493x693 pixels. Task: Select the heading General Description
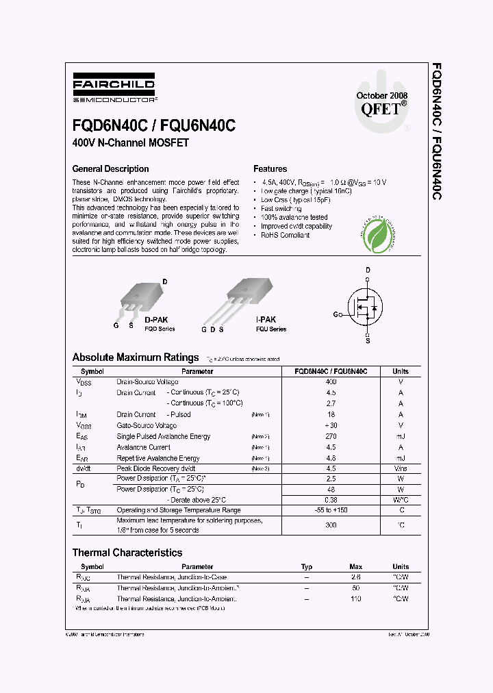(110, 168)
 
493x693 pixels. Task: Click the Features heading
(270, 168)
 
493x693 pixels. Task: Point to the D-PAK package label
(156, 320)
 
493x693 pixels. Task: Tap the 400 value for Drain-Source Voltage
(331, 381)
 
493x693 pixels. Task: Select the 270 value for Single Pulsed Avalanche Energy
(331, 436)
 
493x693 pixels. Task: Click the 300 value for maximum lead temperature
(331, 525)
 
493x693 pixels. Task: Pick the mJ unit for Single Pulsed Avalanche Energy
(401, 436)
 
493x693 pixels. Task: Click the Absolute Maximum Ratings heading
(136, 357)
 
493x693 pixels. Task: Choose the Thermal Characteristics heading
(127, 553)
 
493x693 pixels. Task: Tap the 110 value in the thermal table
(355, 598)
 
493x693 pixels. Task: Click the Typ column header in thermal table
(307, 567)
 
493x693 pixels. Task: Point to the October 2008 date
(382, 95)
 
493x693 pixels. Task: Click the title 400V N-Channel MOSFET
(130, 143)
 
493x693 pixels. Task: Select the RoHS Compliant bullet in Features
(285, 235)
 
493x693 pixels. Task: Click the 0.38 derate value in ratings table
(331, 500)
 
